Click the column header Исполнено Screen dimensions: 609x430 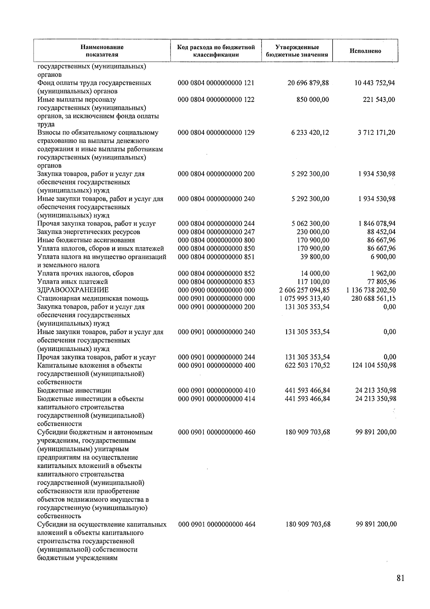tap(365, 51)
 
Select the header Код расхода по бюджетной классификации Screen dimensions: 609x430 tap(216, 51)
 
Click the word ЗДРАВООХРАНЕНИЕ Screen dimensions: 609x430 tap(73, 290)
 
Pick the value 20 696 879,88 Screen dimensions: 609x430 tap(308, 83)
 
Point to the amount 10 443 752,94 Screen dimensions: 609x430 tap(374, 83)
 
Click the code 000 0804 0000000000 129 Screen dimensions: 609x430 tap(216, 132)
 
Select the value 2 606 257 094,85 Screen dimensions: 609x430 tap(304, 290)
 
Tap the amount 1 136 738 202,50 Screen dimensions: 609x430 tap(371, 290)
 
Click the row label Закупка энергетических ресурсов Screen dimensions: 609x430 tap(89, 232)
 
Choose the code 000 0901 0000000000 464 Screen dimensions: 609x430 tap(217, 524)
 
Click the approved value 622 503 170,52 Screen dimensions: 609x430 tap(307, 365)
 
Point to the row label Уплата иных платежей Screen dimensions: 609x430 tap(73, 282)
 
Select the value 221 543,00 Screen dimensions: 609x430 tap(379, 99)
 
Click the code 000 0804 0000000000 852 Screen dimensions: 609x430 tap(216, 273)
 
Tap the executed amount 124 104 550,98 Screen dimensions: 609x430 tap(374, 365)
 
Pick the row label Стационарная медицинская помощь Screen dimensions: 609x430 tap(93, 298)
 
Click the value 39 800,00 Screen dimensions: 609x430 tap(315, 257)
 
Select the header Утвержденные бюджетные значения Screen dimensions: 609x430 tap(297, 51)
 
